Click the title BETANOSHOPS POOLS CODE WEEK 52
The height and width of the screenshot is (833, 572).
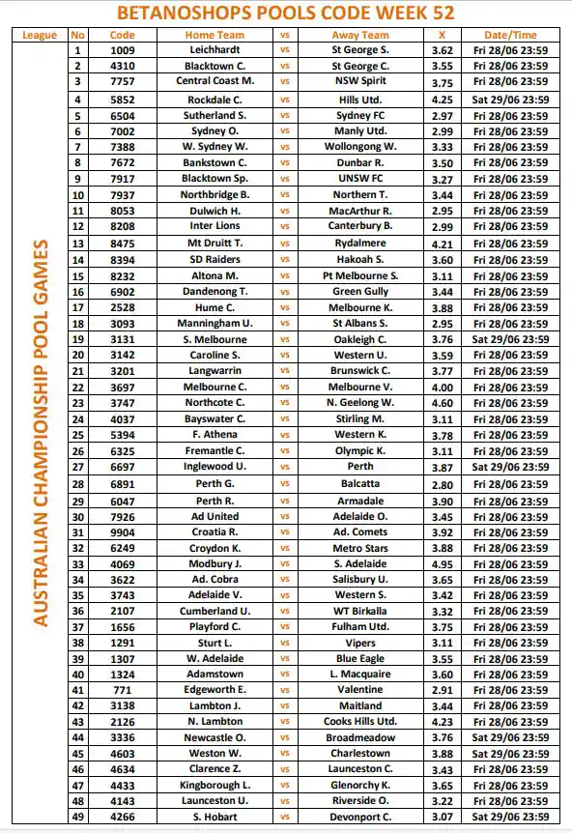(286, 13)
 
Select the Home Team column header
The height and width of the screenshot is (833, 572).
(214, 35)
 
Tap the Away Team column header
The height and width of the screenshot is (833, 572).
(359, 35)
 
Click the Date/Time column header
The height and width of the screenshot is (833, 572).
(510, 35)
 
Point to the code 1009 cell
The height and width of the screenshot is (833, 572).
(123, 49)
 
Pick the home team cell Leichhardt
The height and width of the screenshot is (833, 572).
(214, 49)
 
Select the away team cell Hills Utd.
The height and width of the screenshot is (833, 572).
(359, 100)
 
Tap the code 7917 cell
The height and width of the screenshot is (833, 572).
(123, 179)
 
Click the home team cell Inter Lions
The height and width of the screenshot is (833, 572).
(214, 226)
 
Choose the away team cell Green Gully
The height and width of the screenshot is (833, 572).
(359, 291)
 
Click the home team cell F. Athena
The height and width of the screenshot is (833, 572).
(214, 435)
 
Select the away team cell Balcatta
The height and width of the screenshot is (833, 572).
(359, 483)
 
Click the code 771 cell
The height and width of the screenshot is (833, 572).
(123, 691)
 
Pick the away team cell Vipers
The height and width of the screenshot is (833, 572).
(359, 643)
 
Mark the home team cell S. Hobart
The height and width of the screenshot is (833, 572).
(214, 817)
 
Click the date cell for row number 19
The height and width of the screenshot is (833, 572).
(510, 339)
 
